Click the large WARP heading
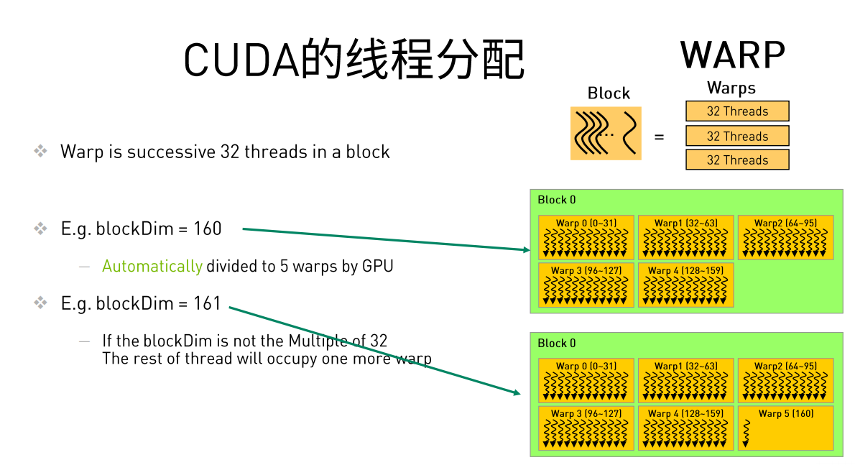(733, 55)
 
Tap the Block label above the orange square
(609, 93)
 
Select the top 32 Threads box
(737, 111)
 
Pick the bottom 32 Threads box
(737, 160)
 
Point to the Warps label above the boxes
(731, 88)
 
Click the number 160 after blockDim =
(207, 229)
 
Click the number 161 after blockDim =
(207, 304)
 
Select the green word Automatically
(152, 267)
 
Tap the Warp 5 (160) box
(785, 428)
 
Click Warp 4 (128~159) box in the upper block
(685, 285)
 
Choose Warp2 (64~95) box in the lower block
(785, 380)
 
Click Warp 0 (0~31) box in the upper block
(586, 237)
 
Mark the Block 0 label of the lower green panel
(557, 344)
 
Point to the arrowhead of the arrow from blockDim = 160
(527, 249)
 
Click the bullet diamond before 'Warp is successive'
(41, 152)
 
